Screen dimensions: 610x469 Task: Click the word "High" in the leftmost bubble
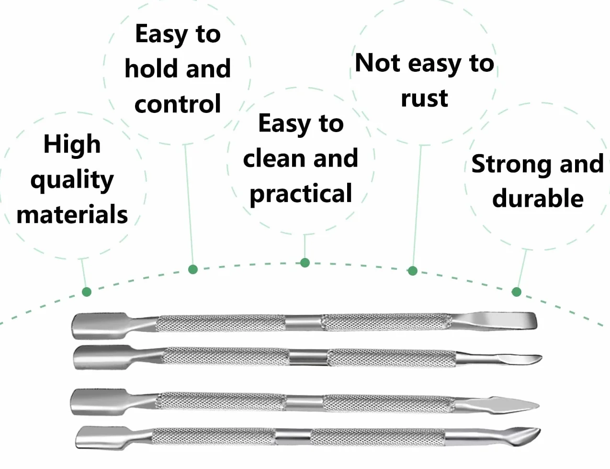[x=72, y=144]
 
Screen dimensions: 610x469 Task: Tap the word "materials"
[x=72, y=214]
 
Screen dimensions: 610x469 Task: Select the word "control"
[x=178, y=104]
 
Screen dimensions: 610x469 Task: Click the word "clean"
[x=274, y=158]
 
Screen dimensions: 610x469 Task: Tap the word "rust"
[x=424, y=99]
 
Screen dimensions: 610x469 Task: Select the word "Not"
[x=378, y=63]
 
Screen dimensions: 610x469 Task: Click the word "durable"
[x=538, y=198]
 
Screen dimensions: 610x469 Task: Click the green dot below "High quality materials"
[x=87, y=292]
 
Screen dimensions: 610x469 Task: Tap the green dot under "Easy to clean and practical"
[x=305, y=263]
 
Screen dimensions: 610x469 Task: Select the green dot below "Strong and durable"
[x=517, y=292]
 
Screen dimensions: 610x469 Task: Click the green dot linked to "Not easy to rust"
[x=412, y=271]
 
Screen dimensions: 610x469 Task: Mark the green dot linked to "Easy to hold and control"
[x=193, y=269]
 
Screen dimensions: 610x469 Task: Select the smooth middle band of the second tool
[x=308, y=358]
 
